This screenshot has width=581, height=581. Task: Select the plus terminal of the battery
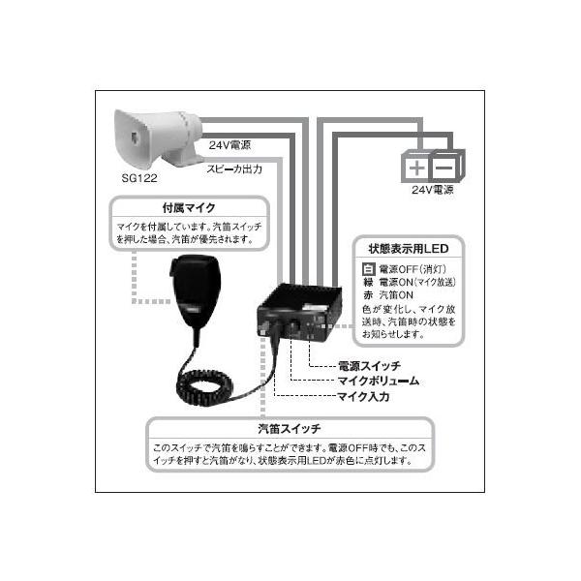tap(416, 168)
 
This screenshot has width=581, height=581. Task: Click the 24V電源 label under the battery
tap(432, 191)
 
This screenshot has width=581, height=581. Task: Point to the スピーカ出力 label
tap(232, 167)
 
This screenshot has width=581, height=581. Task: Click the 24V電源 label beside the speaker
tap(229, 145)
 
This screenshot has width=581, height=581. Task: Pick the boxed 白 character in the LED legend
tap(367, 269)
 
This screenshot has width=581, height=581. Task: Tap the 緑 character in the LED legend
tap(367, 283)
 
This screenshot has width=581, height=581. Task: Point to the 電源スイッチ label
tap(368, 368)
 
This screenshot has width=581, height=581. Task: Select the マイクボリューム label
tap(378, 382)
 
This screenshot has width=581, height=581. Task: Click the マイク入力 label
tap(363, 396)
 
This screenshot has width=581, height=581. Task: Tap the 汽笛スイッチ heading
tap(290, 427)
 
